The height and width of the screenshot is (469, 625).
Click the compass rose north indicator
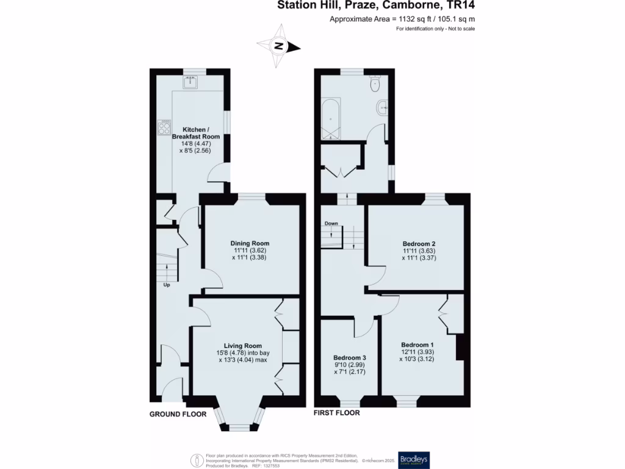tap(279, 46)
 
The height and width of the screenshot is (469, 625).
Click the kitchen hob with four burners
tap(164, 127)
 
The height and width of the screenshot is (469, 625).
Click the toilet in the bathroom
tap(375, 85)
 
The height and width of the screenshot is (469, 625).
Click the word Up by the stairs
tap(166, 285)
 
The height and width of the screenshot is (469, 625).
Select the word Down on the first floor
tap(331, 224)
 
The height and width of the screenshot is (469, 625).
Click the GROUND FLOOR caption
tap(178, 413)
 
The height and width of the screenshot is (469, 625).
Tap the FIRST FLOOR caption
tap(336, 413)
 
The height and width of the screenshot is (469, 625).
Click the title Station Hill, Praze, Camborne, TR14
tap(377, 6)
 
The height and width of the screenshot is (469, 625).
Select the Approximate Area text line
tap(402, 19)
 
